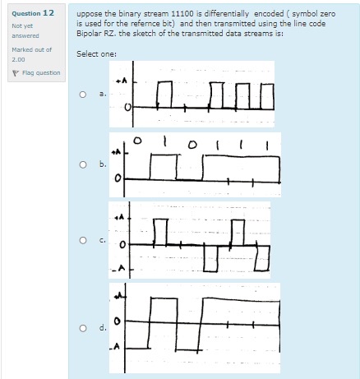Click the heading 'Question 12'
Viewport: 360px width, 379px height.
(x=33, y=13)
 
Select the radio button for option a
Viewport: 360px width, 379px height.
(x=84, y=95)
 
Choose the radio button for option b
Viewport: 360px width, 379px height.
(x=84, y=164)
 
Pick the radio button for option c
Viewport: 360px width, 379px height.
(x=84, y=240)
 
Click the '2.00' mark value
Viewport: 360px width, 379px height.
(x=18, y=58)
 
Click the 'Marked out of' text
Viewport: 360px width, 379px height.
(x=31, y=50)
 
